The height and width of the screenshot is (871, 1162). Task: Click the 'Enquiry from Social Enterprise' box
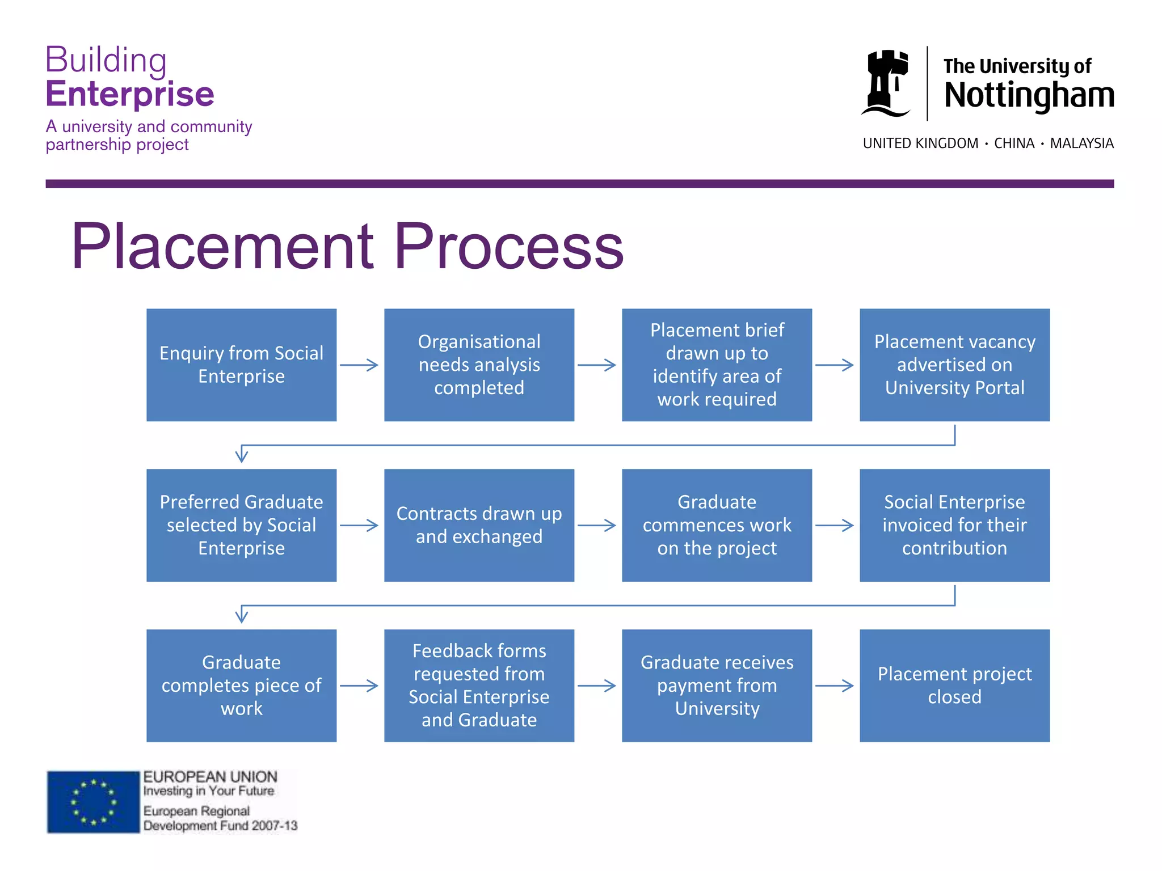click(x=241, y=365)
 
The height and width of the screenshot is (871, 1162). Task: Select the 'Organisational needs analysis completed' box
click(x=479, y=365)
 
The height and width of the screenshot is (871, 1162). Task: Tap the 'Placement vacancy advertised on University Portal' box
click(x=954, y=365)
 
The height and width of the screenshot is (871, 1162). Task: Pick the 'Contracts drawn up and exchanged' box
click(x=479, y=525)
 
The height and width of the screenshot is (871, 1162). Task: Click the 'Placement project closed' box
click(x=954, y=685)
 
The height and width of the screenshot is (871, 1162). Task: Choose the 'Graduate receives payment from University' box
click(x=717, y=685)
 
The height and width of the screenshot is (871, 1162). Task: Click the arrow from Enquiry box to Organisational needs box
click(x=359, y=365)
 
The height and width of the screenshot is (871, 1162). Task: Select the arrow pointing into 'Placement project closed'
click(x=835, y=686)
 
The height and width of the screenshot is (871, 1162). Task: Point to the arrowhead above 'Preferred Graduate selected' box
click(x=242, y=455)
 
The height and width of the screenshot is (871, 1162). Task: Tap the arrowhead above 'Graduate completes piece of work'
click(x=242, y=615)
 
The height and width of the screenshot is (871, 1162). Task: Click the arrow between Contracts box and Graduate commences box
click(x=597, y=525)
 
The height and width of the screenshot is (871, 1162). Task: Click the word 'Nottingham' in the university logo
click(x=1029, y=95)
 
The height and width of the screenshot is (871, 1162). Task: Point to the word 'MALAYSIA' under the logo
click(x=1081, y=143)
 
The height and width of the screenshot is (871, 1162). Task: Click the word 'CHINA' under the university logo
click(x=1014, y=143)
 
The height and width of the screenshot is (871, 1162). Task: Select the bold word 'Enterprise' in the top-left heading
click(x=130, y=94)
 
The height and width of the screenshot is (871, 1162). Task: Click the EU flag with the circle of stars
click(x=93, y=802)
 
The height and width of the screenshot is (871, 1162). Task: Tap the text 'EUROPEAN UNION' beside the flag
click(x=210, y=777)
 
